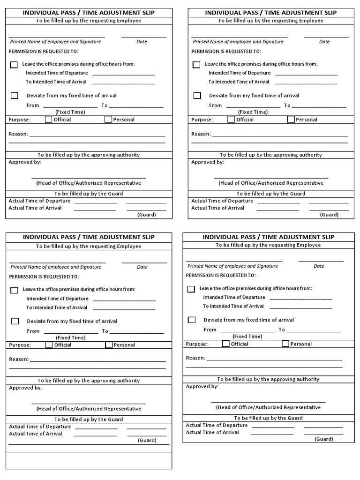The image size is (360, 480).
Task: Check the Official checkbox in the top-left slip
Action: pyautogui.click(x=48, y=120)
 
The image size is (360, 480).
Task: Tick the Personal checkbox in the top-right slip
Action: pyautogui.click(x=291, y=120)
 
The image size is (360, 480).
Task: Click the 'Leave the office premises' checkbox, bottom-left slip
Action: pyautogui.click(x=15, y=290)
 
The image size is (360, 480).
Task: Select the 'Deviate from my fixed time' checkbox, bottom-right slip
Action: pyautogui.click(x=192, y=320)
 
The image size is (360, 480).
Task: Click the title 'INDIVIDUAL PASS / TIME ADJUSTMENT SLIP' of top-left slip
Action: pyautogui.click(x=89, y=13)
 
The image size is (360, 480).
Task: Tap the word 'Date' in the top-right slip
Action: pyautogui.click(x=324, y=42)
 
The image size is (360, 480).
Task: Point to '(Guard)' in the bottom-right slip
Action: pyautogui.click(x=324, y=439)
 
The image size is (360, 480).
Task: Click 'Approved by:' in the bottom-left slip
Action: pyautogui.click(x=26, y=388)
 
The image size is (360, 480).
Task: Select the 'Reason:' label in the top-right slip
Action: pyautogui.click(x=201, y=134)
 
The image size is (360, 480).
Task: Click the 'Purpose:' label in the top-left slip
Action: pyautogui.click(x=19, y=120)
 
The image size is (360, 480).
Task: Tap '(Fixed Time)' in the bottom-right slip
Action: pyautogui.click(x=247, y=336)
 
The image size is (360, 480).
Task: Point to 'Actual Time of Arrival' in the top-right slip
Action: pyautogui.click(x=217, y=208)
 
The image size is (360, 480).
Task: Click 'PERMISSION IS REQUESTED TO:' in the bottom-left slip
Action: pyautogui.click(x=44, y=277)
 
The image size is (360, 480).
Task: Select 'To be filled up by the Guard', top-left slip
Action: pyautogui.click(x=89, y=194)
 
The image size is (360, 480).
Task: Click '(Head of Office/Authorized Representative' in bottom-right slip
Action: pyautogui.click(x=268, y=407)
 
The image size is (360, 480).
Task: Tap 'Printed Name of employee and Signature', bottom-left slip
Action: pyautogui.click(x=56, y=267)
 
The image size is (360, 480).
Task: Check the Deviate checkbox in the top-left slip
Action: pyautogui.click(x=15, y=96)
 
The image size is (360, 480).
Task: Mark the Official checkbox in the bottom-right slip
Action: pyautogui.click(x=225, y=344)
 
